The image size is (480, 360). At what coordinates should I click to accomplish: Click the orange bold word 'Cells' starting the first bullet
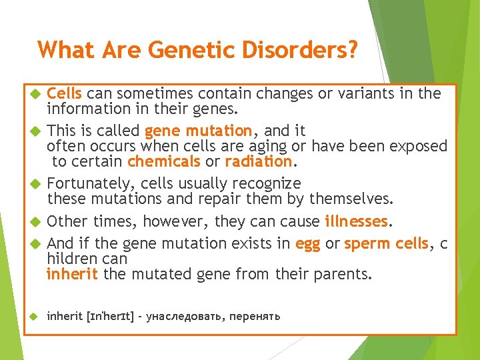(x=65, y=93)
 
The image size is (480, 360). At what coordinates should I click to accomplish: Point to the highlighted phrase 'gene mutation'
(x=198, y=131)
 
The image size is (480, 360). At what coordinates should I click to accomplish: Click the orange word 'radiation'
(x=258, y=161)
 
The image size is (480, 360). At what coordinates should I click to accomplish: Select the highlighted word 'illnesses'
(x=356, y=221)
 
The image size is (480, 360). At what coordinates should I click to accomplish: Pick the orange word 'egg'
(x=307, y=244)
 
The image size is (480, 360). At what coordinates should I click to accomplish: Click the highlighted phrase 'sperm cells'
(x=386, y=244)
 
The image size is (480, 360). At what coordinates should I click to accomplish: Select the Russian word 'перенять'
(x=255, y=316)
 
